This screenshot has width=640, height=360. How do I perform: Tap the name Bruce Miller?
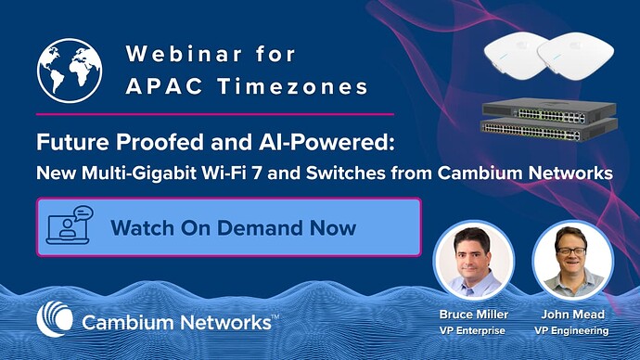tap(474, 315)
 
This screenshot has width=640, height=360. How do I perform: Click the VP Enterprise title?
tap(474, 329)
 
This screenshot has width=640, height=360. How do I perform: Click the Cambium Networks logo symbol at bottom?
tap(54, 320)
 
